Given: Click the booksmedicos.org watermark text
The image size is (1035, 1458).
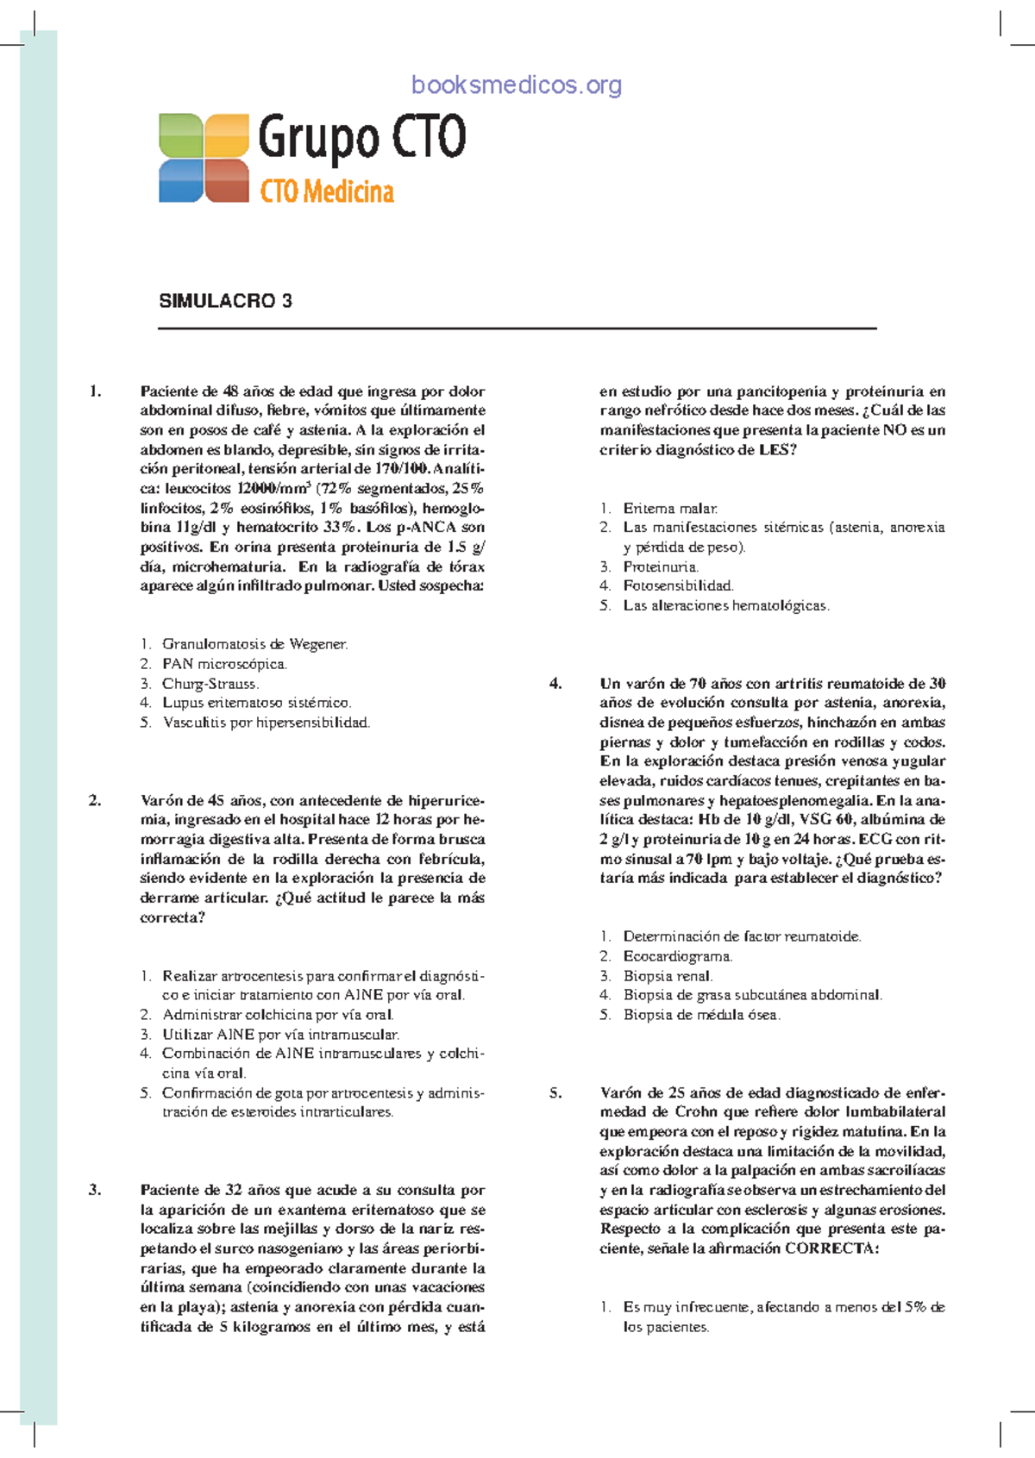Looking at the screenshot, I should [x=517, y=84].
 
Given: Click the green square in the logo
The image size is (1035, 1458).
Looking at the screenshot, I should [x=180, y=135].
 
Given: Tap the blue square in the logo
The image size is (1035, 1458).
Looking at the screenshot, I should [x=180, y=181].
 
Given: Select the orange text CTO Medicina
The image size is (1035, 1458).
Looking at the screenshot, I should [x=327, y=191].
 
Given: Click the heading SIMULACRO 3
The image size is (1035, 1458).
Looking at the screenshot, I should [x=225, y=301].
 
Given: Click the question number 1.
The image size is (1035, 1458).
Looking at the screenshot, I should [x=95, y=391].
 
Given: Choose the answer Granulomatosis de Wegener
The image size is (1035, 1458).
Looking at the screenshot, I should [x=254, y=644].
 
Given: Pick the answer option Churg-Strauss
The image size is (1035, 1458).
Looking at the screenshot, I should [x=210, y=684].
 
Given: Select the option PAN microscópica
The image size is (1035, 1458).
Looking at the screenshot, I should [x=224, y=664].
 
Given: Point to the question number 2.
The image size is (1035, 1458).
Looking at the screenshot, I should [x=95, y=800].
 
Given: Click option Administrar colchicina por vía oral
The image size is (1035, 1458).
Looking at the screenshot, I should [x=278, y=1015].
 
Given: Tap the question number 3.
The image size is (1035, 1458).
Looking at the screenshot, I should [x=95, y=1190].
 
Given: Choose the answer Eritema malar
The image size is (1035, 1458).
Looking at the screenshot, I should [x=670, y=509].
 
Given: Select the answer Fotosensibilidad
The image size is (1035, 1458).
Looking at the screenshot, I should [x=678, y=585].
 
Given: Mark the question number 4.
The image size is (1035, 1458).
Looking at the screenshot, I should [x=555, y=684].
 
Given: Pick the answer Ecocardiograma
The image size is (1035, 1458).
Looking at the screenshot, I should [x=678, y=956].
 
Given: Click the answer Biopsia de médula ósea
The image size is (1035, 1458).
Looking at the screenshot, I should [x=701, y=1015].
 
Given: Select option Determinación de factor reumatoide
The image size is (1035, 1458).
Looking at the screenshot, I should [x=742, y=936].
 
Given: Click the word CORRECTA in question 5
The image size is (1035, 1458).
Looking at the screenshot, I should [x=829, y=1248].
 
